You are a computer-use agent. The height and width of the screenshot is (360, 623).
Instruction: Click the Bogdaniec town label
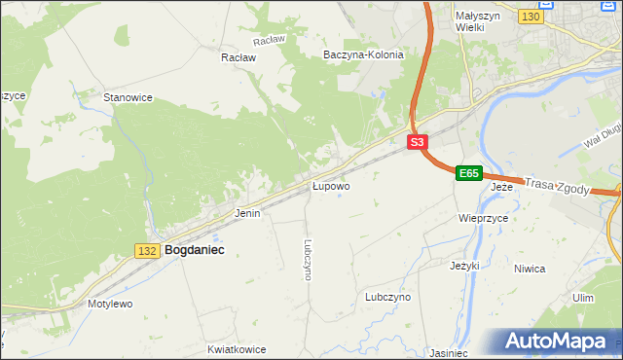195,250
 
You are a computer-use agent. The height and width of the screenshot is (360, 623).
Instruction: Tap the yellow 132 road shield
147,251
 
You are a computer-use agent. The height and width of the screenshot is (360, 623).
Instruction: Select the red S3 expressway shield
417,142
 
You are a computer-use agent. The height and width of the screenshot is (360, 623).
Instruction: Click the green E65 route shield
469,173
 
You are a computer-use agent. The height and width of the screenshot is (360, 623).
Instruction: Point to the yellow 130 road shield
531,18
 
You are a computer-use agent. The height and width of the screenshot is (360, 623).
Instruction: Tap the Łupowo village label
331,185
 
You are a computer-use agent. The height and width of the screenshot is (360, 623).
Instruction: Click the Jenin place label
247,212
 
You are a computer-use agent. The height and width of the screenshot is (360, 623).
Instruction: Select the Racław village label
238,57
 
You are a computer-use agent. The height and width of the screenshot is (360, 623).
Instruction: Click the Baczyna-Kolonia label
363,55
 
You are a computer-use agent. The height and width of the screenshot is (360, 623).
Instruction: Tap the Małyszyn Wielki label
477,21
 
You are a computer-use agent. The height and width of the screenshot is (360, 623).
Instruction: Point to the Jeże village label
501,186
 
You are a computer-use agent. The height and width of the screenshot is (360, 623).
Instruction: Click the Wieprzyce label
484,219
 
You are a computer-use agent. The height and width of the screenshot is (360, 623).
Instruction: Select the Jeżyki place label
465,265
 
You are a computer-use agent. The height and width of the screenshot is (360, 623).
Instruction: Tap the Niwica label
557,269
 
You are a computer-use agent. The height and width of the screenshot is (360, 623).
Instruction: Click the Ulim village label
583,298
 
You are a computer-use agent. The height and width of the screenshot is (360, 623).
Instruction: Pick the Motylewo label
110,304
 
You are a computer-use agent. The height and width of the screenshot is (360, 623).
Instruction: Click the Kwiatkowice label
237,347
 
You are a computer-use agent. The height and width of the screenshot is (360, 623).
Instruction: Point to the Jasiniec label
449,352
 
